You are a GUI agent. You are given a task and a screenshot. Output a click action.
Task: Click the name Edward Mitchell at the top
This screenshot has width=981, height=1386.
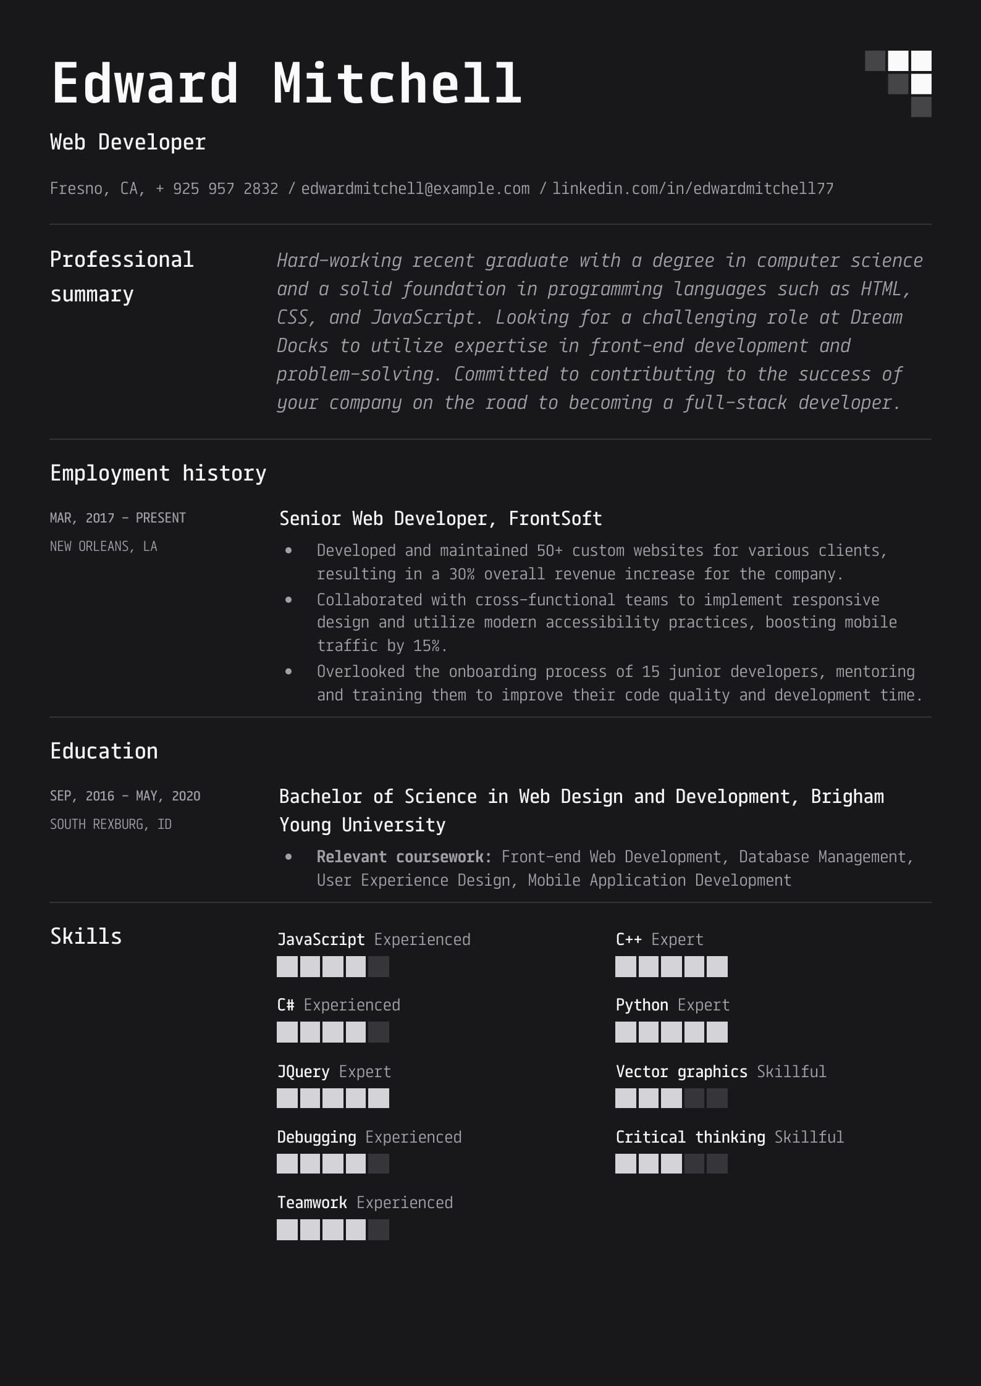pyautogui.click(x=286, y=83)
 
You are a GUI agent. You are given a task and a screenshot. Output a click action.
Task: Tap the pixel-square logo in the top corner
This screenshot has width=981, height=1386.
pyautogui.click(x=898, y=83)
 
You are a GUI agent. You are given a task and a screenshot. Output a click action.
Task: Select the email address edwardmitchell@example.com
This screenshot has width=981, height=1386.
pyautogui.click(x=415, y=188)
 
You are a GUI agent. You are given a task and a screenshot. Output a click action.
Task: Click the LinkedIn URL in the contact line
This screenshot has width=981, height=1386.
pyautogui.click(x=693, y=188)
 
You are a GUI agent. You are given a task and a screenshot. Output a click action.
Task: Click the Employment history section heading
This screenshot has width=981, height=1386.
pyautogui.click(x=158, y=473)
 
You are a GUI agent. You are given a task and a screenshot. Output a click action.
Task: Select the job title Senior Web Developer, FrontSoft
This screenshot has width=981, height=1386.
pyautogui.click(x=440, y=518)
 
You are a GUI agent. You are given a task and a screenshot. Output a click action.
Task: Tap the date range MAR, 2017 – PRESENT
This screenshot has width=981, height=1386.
pyautogui.click(x=117, y=518)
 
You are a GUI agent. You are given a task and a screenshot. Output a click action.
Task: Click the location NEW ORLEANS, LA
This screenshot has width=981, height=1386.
pyautogui.click(x=103, y=546)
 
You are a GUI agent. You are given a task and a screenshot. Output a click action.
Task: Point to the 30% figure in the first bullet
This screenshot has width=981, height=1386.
pyautogui.click(x=461, y=574)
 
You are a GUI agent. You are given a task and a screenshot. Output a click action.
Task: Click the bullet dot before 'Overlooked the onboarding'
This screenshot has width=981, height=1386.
pyautogui.click(x=288, y=671)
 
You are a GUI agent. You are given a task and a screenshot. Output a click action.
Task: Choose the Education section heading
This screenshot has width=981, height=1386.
pyautogui.click(x=104, y=751)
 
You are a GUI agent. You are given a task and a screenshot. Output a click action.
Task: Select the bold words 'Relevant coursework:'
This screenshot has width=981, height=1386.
pyautogui.click(x=404, y=857)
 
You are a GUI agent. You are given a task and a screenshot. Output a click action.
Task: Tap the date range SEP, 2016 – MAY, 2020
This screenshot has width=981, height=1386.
pyautogui.click(x=125, y=796)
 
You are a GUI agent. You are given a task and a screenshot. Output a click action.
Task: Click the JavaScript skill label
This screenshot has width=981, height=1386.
pyautogui.click(x=321, y=939)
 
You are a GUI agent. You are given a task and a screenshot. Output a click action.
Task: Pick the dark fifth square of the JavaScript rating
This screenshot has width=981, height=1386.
pyautogui.click(x=379, y=967)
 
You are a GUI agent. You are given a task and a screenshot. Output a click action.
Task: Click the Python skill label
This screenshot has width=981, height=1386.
pyautogui.click(x=642, y=1005)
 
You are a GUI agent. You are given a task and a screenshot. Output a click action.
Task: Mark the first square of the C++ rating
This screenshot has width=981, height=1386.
pyautogui.click(x=626, y=967)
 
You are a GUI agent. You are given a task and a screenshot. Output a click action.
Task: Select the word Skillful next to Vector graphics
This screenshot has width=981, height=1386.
pyautogui.click(x=791, y=1071)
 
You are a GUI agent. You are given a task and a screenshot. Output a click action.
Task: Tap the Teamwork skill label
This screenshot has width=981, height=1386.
pyautogui.click(x=312, y=1203)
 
